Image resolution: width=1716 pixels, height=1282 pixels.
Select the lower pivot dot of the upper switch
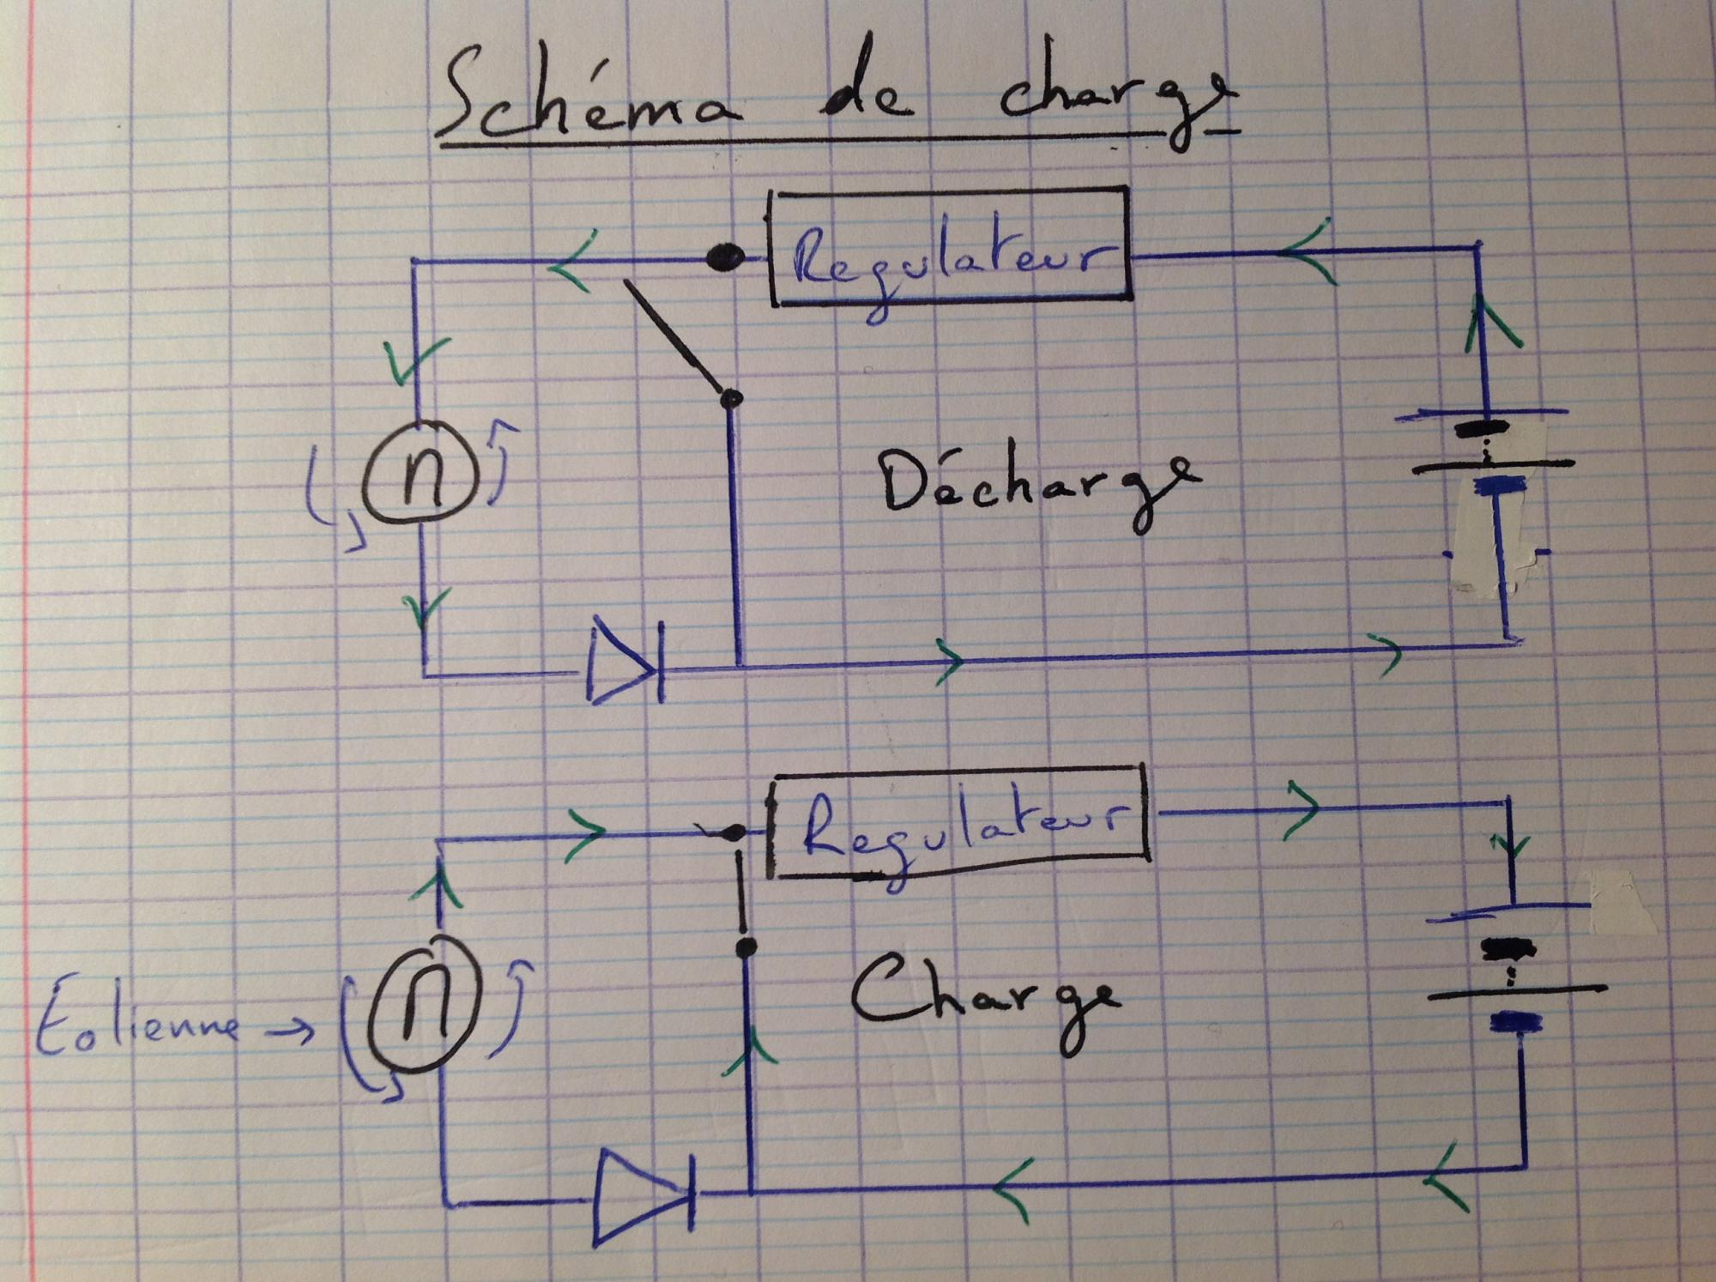click(731, 398)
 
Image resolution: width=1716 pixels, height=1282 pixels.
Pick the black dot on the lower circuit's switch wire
click(746, 947)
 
